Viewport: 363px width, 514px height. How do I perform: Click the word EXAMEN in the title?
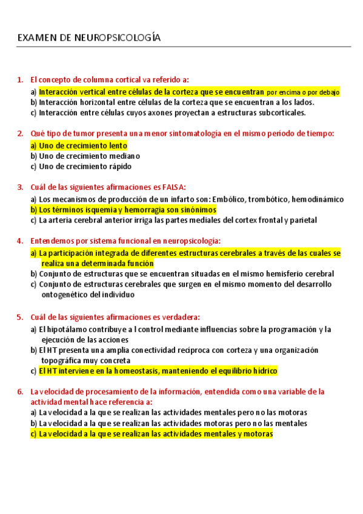pyautogui.click(x=36, y=38)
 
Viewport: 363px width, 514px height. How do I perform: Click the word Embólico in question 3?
pyautogui.click(x=228, y=199)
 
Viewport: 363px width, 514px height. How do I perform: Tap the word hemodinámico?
pyautogui.click(x=319, y=199)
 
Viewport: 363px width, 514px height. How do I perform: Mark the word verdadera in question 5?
pyautogui.click(x=180, y=317)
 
